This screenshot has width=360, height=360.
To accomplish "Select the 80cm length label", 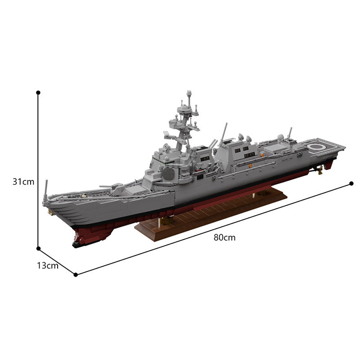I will click(x=225, y=238).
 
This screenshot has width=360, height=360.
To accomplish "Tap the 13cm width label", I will click(x=48, y=265).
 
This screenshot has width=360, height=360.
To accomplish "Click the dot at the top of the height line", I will click(x=38, y=92).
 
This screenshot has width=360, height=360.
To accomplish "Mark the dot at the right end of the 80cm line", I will click(x=352, y=183).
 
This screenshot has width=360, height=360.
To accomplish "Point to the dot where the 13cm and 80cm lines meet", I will click(x=76, y=274).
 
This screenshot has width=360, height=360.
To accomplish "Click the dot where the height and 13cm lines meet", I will click(x=38, y=247).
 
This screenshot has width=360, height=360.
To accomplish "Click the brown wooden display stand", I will click(x=211, y=214).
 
